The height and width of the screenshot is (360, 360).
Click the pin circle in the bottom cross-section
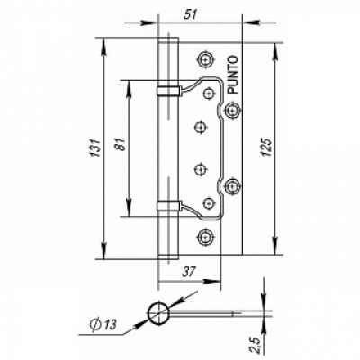(158, 312)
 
